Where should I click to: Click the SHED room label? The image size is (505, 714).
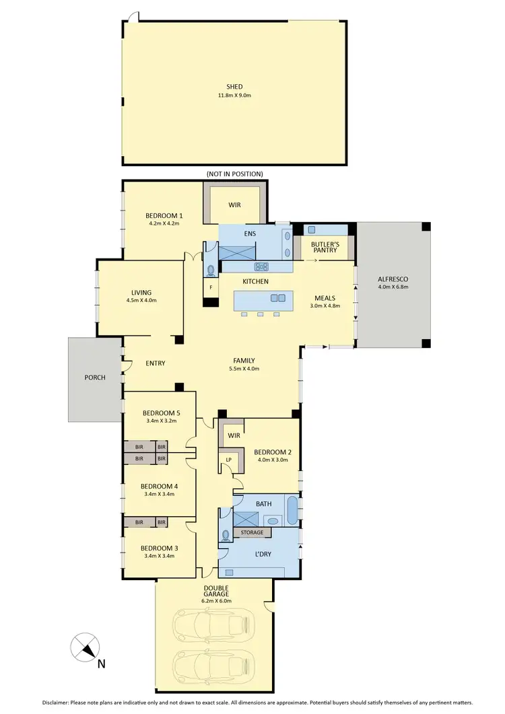[234, 86]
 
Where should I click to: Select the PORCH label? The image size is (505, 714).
[95, 378]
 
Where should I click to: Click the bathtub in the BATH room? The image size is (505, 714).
[293, 510]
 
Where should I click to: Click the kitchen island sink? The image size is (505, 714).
[277, 298]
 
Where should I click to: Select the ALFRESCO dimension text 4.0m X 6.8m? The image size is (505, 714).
[394, 288]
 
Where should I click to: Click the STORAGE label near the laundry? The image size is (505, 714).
[252, 532]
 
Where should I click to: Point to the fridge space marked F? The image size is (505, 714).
[211, 288]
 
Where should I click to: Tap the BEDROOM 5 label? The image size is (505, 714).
[161, 413]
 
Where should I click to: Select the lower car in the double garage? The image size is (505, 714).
[213, 666]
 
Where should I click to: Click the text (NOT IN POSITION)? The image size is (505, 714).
[234, 174]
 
